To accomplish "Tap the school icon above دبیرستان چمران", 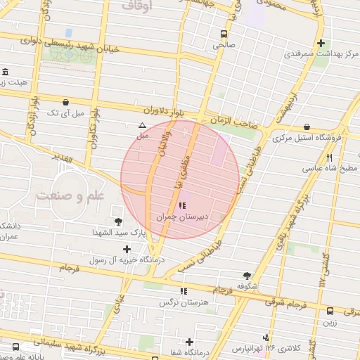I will [183, 206].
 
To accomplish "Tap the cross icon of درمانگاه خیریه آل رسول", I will [127, 249].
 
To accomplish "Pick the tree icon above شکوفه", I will [245, 276].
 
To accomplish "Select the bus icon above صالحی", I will [224, 34].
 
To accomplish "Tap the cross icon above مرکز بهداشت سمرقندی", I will [321, 43].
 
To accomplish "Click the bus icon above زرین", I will [330, 310].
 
